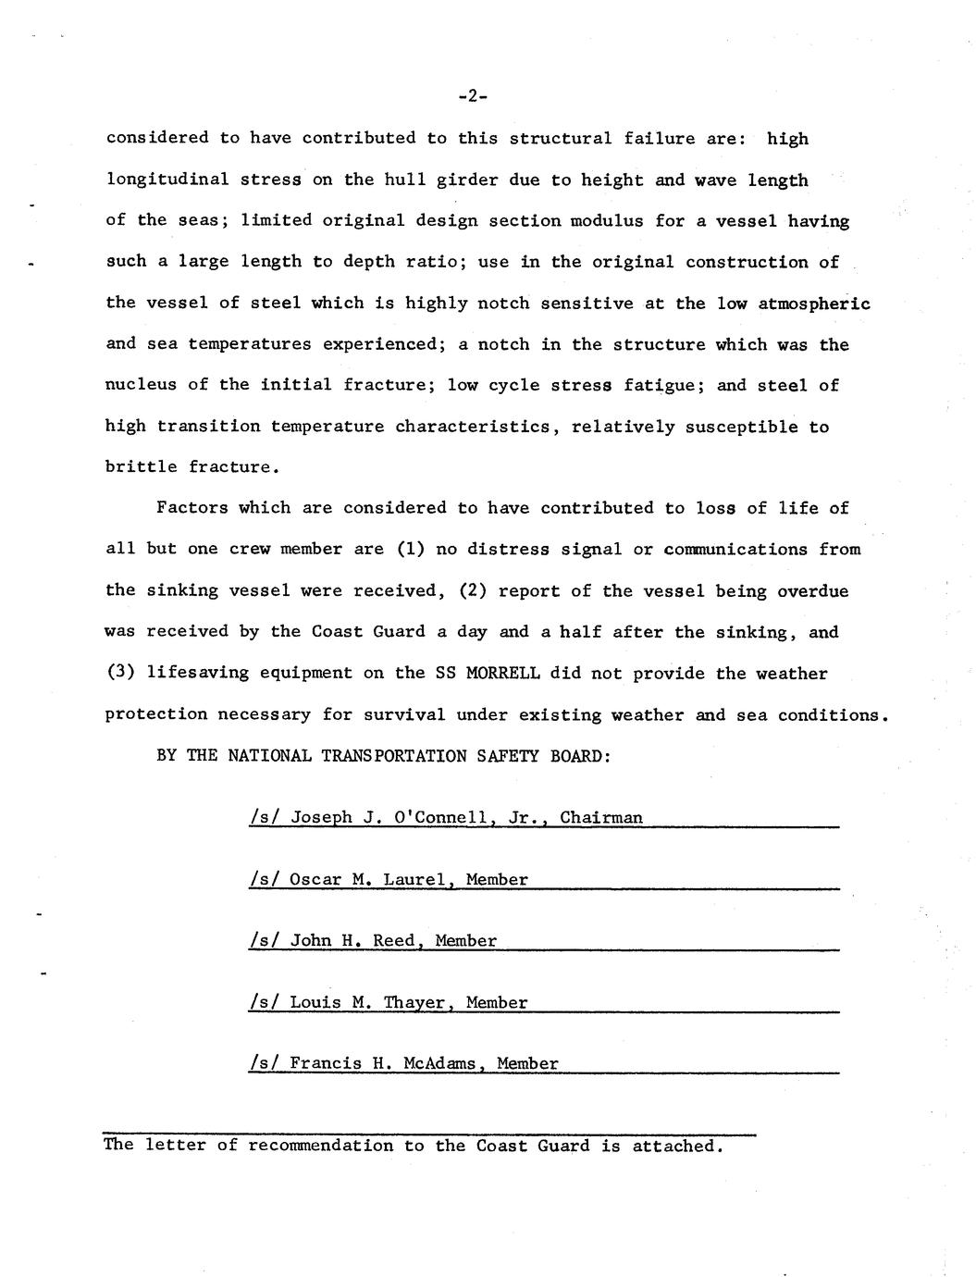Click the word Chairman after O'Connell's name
point(601,817)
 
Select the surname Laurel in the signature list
point(414,879)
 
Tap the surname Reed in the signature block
point(394,940)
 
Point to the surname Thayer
point(415,1002)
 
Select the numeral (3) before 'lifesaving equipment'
point(120,673)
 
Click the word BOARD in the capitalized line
point(580,755)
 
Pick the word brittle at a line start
point(142,467)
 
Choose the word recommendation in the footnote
point(320,1146)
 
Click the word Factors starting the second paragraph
point(192,508)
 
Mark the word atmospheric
point(814,304)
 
